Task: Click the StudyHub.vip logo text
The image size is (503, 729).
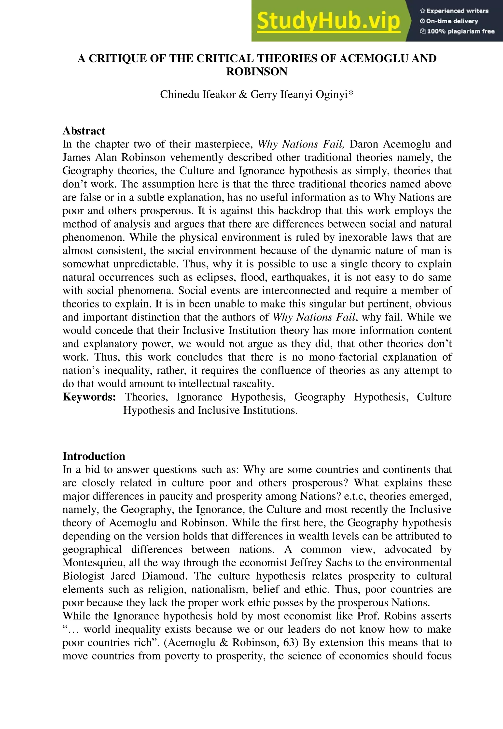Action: point(328,21)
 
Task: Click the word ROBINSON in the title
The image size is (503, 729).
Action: point(257,72)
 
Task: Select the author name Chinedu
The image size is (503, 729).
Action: point(179,94)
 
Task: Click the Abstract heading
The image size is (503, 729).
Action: point(84,131)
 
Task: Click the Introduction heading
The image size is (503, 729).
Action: point(94,456)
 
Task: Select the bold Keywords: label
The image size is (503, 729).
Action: point(89,397)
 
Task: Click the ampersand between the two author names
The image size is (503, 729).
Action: point(243,94)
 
